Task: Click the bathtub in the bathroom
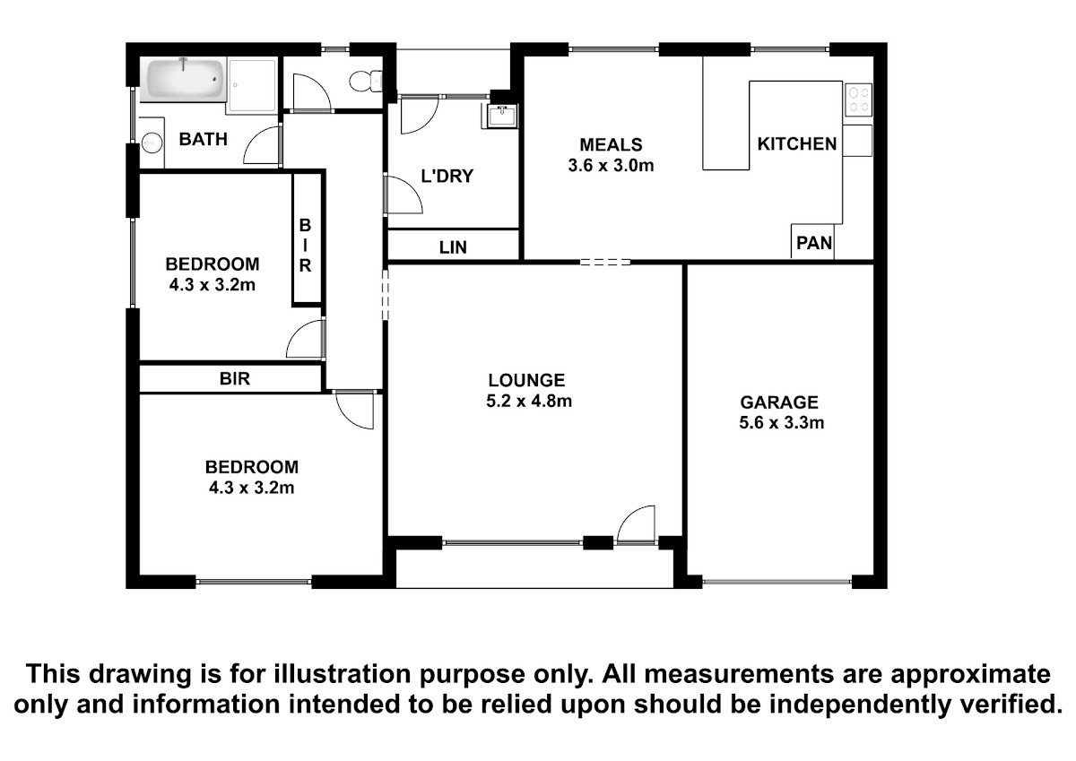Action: point(183,80)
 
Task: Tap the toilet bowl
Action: point(366,82)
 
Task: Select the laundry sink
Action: point(501,117)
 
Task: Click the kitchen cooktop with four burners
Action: point(858,99)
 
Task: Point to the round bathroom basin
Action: point(152,143)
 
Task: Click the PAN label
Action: point(814,244)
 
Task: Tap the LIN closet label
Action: point(453,247)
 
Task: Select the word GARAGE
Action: point(779,402)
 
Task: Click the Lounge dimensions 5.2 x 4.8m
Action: point(529,401)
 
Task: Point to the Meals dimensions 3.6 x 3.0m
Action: point(611,166)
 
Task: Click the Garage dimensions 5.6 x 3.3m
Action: point(782,423)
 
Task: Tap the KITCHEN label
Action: point(797,144)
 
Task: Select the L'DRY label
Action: point(447,177)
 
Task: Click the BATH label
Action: point(204,139)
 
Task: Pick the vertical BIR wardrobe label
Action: point(306,246)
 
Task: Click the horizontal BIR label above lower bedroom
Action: point(235,379)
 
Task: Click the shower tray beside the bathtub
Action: point(253,86)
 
